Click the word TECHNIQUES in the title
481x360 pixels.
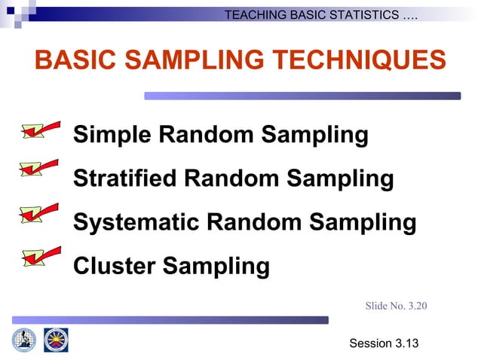355,60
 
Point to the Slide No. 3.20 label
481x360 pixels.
396,305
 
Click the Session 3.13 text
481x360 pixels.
384,343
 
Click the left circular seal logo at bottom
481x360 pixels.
24,340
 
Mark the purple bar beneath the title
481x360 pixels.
302,96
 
